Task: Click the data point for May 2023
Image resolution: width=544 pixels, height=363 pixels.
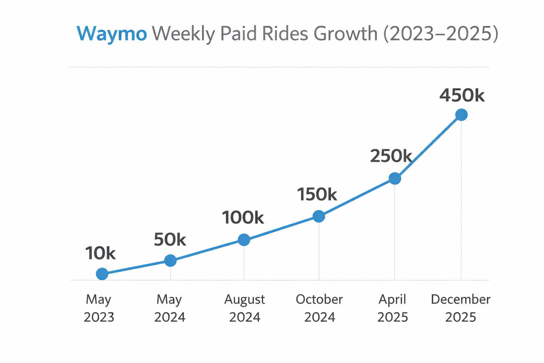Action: tap(102, 274)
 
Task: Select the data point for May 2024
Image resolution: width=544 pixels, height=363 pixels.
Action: tap(170, 261)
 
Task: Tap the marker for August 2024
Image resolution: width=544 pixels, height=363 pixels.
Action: tap(244, 240)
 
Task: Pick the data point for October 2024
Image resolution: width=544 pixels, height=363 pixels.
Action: tap(319, 216)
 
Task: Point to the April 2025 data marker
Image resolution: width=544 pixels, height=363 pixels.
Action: tap(395, 178)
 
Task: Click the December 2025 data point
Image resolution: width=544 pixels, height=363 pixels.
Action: tap(461, 115)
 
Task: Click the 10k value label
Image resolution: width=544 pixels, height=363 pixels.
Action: tap(100, 253)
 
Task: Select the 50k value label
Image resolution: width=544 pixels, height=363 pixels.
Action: tap(170, 240)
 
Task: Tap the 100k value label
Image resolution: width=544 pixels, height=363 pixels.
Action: tap(243, 218)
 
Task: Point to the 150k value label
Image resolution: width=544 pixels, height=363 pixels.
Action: tap(317, 195)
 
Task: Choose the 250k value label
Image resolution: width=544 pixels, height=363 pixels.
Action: tap(391, 156)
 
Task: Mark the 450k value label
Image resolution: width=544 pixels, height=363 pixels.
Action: tap(462, 95)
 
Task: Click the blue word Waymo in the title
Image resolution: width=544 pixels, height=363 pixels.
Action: tap(112, 34)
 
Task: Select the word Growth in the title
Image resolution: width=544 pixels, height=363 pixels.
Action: tap(346, 34)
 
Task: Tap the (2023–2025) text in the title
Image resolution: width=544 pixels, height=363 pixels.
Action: tap(441, 34)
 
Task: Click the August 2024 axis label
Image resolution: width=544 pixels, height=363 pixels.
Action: tap(244, 308)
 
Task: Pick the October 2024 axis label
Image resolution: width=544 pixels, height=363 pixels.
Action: tap(319, 308)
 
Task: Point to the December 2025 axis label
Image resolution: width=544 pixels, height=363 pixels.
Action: tap(460, 308)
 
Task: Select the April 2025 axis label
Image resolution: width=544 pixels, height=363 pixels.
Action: tap(392, 308)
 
